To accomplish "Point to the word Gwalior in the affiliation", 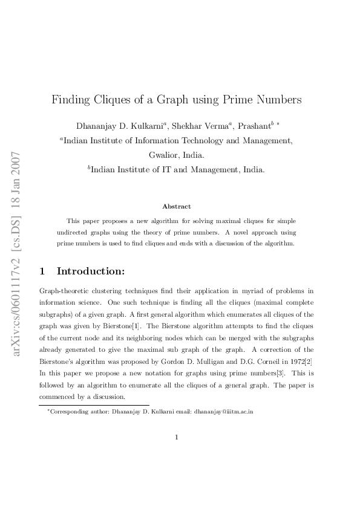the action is [165, 155].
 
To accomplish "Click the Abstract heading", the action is [177, 207].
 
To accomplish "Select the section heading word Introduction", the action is [91, 271].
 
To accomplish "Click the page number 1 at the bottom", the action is [176, 438].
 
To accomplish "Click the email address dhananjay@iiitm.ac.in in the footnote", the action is [223, 412].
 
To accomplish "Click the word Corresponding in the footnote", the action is [68, 412].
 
